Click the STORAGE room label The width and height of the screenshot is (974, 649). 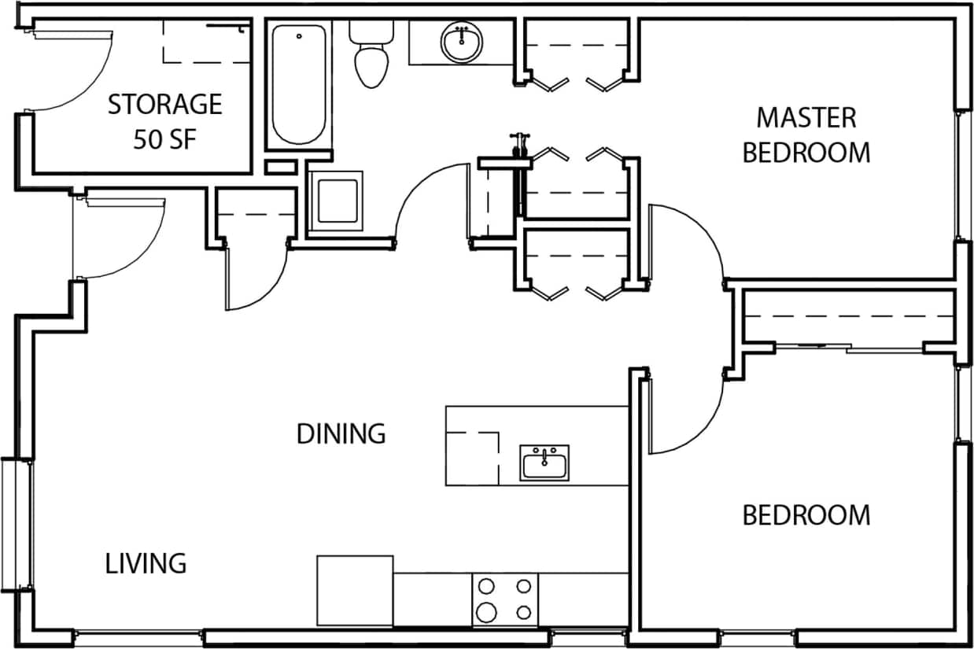tap(164, 104)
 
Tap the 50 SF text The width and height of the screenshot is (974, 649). tap(164, 140)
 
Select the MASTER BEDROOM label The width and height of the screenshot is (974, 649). tap(806, 135)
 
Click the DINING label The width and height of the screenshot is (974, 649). tap(341, 433)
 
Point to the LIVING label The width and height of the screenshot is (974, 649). tap(146, 563)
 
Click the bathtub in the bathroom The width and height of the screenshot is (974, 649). tap(298, 84)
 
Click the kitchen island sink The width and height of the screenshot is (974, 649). tap(544, 463)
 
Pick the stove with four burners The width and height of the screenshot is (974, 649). tap(505, 599)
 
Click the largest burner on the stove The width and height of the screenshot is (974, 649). tap(487, 611)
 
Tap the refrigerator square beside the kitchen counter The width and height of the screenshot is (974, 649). tap(355, 590)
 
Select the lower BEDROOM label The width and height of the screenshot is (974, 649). tap(806, 515)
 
